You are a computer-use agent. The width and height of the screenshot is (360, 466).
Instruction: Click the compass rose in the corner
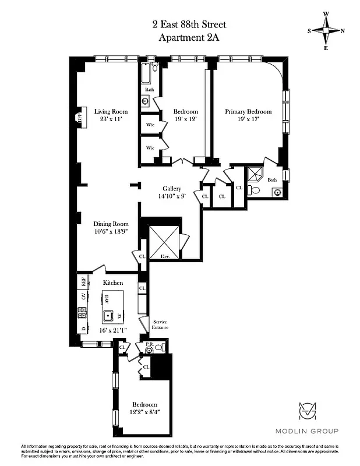coord(326,31)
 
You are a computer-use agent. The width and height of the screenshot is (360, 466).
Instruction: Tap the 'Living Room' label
coord(111,111)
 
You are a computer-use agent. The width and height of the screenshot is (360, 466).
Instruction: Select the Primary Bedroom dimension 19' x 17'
coord(248,119)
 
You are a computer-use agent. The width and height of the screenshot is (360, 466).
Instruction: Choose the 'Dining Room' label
coord(111,224)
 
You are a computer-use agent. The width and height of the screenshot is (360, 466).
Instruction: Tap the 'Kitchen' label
coord(113,283)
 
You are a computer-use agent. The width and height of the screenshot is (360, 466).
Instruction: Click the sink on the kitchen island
coord(108,316)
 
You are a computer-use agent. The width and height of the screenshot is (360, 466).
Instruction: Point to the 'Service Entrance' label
coord(160,325)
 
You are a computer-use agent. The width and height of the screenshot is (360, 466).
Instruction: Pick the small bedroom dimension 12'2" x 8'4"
coord(144,412)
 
